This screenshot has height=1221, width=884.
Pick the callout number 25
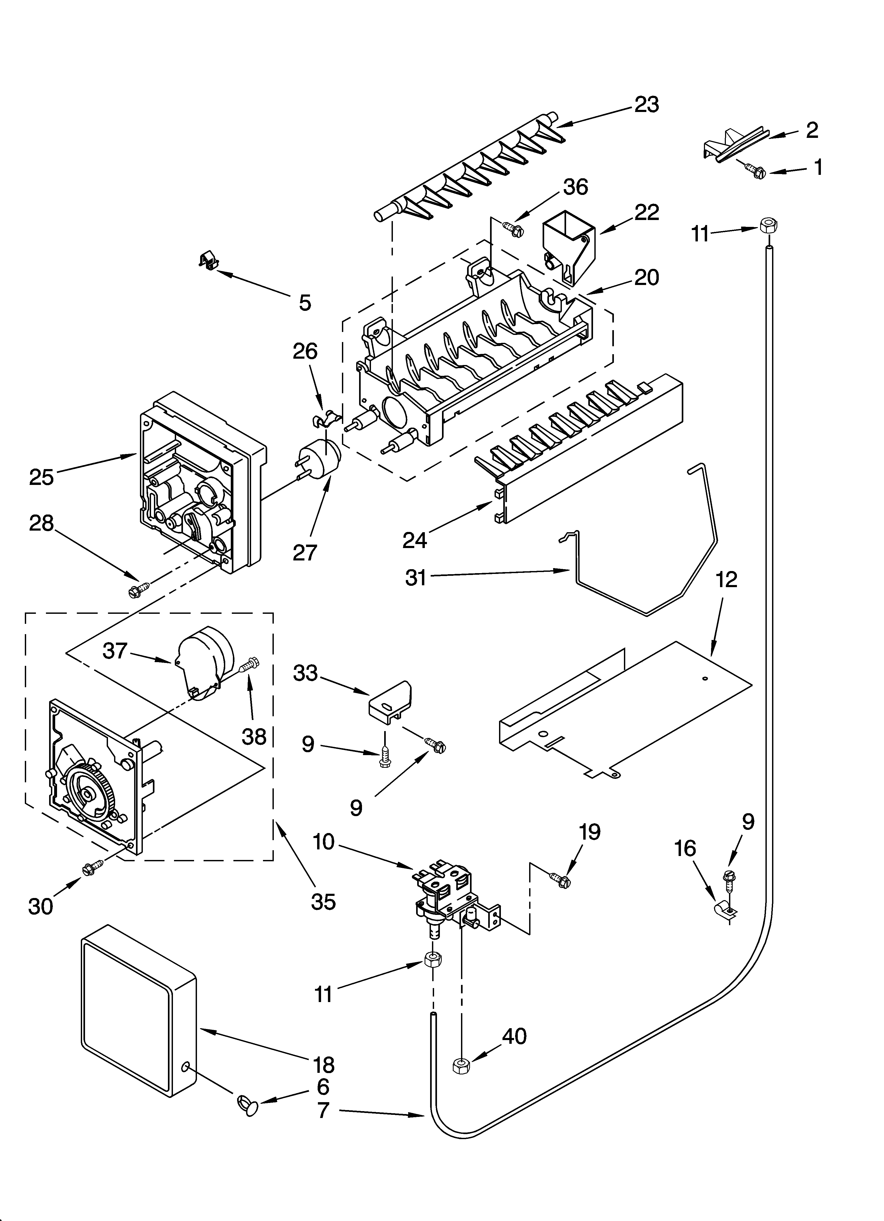[41, 477]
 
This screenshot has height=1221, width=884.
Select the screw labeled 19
[559, 879]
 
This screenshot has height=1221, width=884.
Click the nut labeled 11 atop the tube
[769, 225]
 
